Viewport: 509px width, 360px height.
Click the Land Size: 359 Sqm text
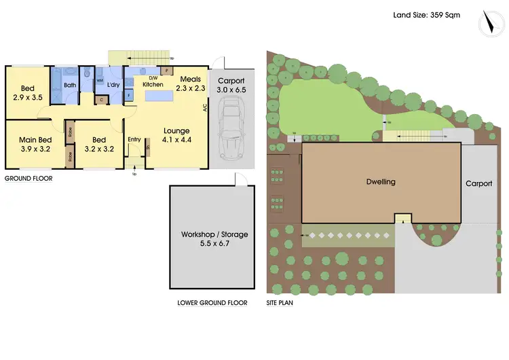tap(427, 14)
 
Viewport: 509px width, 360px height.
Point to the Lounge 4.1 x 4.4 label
tap(176, 135)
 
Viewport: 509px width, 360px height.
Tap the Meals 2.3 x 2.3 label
tap(191, 84)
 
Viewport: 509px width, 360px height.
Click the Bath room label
tap(69, 86)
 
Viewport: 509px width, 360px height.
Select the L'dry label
tap(113, 85)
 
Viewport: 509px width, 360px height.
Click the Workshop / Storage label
tap(214, 238)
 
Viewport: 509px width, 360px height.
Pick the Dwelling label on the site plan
tap(381, 182)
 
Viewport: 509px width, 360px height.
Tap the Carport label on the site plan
tap(478, 183)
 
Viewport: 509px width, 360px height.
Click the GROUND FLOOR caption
tap(29, 179)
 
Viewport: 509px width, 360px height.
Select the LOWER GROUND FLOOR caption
tap(212, 303)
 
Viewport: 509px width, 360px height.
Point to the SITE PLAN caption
tap(280, 303)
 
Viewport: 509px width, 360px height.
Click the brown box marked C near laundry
tap(101, 101)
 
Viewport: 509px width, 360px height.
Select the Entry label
tap(134, 140)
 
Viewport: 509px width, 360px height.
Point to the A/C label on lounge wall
tap(204, 107)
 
